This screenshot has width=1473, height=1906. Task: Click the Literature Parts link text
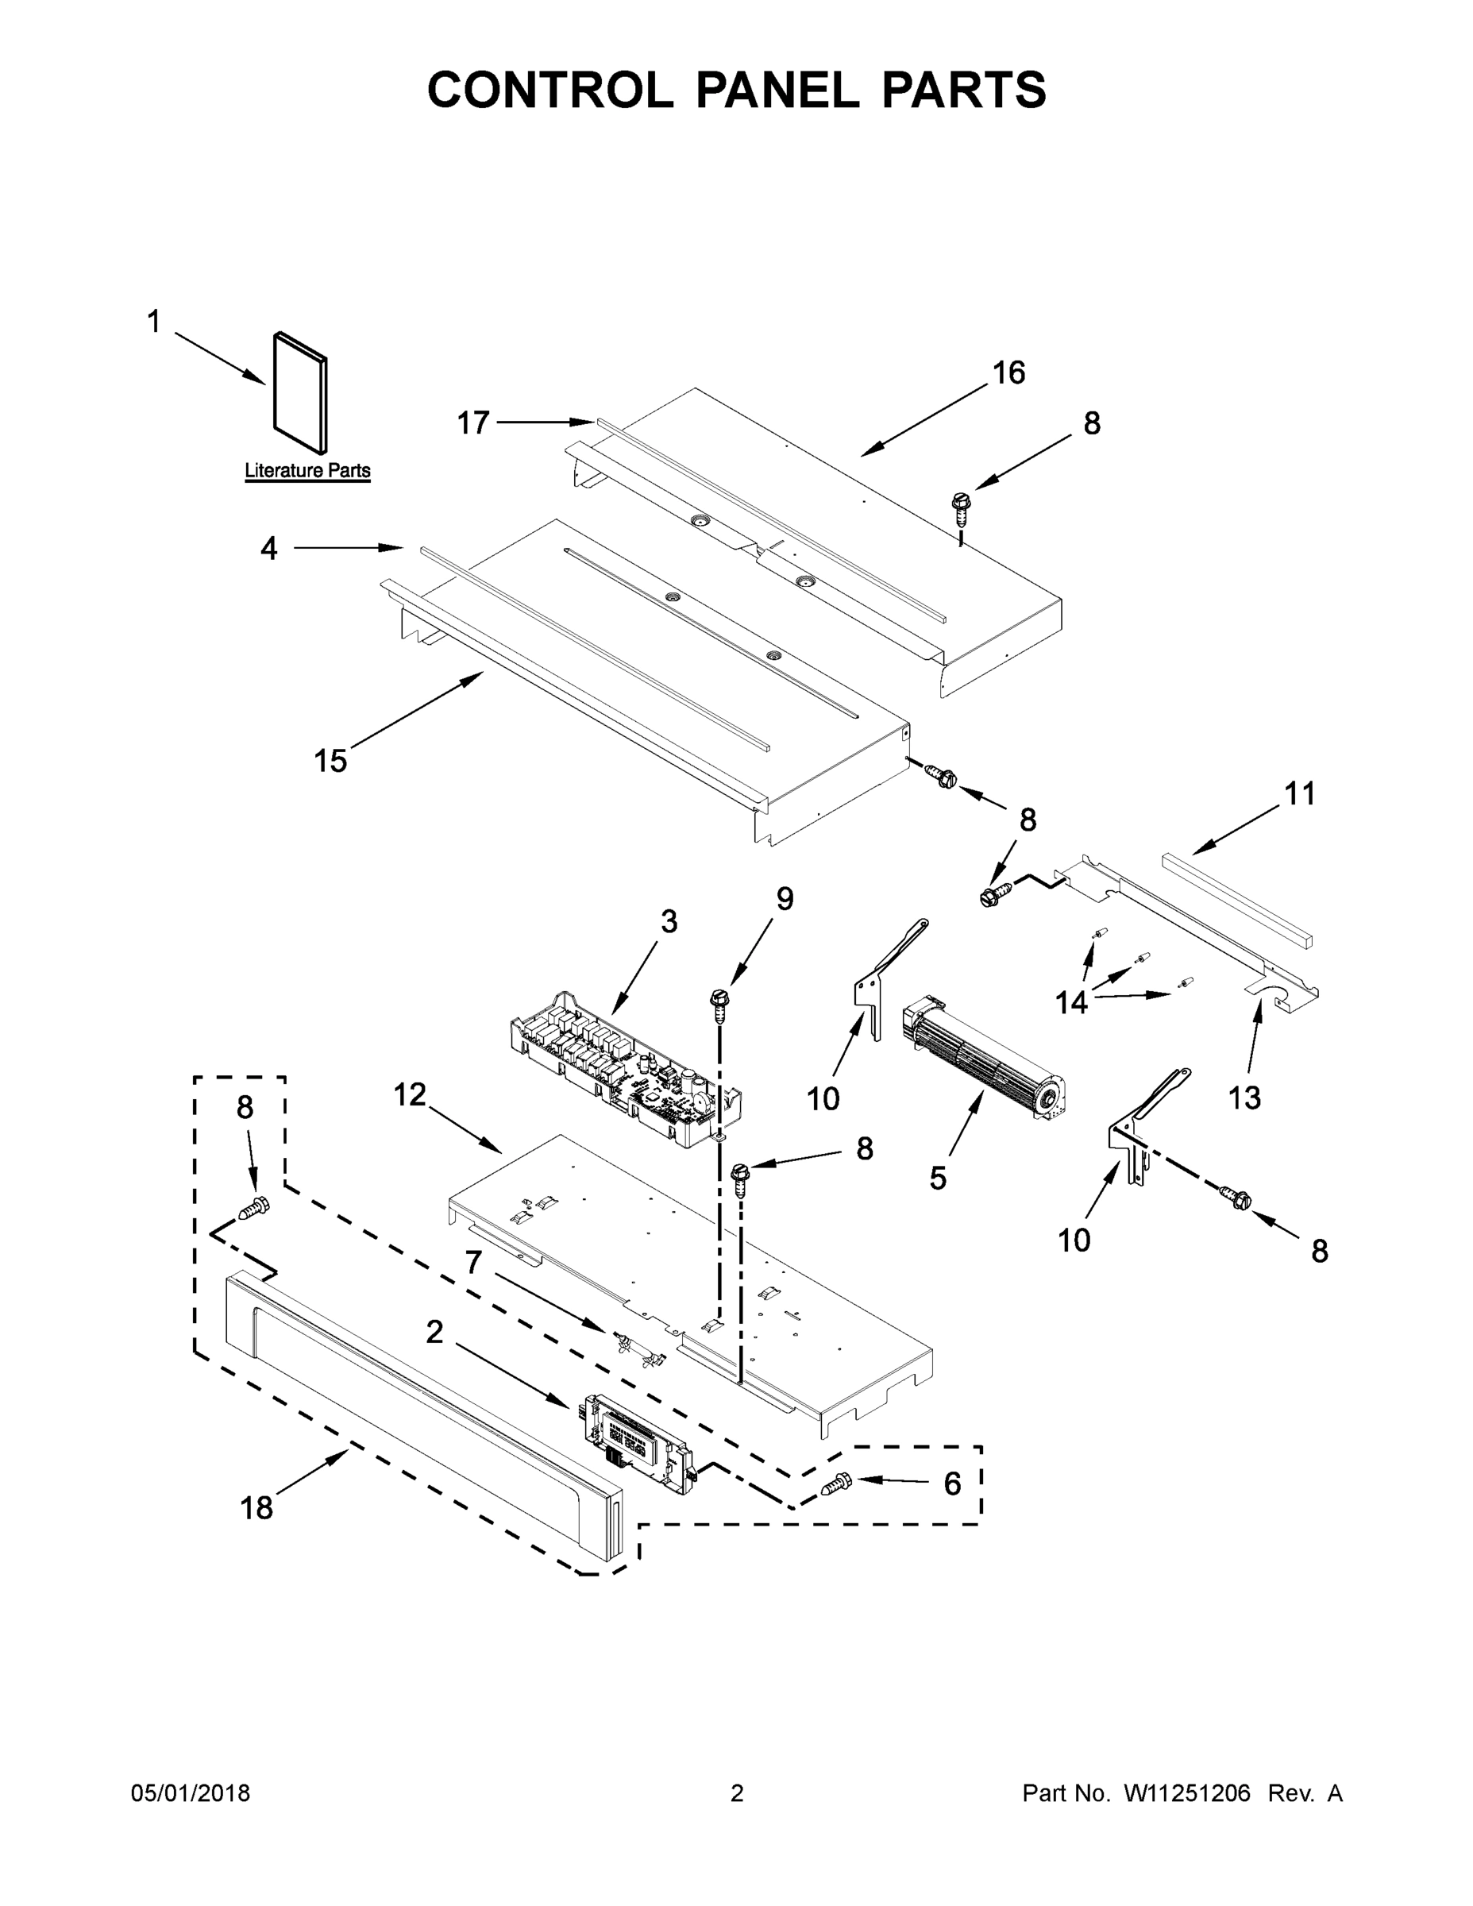307,470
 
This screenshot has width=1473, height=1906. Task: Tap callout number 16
1008,373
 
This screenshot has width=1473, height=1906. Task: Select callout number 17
474,423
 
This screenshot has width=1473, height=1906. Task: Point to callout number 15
330,761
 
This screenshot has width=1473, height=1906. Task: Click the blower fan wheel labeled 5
986,1056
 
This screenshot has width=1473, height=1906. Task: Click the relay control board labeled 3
624,1069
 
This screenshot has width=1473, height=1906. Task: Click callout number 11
1299,794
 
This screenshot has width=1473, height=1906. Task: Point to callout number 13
1244,1098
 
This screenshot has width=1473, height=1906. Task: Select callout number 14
1071,1003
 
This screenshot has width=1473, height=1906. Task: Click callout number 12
409,1094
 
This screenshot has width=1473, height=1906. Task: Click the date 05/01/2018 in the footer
191,1793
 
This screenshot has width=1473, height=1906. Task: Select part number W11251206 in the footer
1187,1793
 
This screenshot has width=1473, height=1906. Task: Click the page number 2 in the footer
737,1793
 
